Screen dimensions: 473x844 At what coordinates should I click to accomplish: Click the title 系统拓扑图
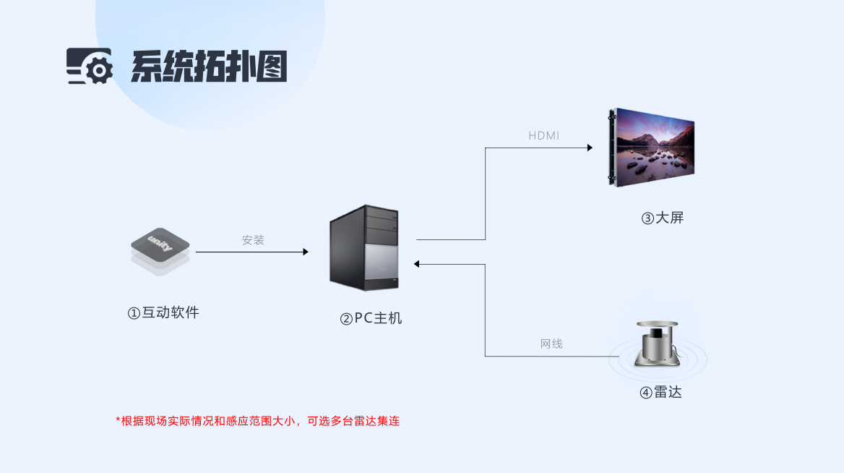(x=208, y=67)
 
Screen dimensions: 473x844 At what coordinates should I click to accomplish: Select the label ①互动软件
(x=163, y=313)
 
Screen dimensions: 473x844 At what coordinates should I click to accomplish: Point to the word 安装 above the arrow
(x=253, y=240)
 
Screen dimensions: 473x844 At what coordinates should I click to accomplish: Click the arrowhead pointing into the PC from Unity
(x=306, y=252)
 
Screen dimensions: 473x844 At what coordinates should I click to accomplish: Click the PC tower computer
(x=364, y=247)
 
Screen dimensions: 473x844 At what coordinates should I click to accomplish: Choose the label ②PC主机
(x=371, y=318)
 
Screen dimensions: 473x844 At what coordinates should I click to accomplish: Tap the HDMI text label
(x=543, y=136)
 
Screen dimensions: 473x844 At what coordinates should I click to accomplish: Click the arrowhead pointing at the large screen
(x=590, y=148)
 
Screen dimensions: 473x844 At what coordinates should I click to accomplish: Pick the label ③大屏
(x=662, y=218)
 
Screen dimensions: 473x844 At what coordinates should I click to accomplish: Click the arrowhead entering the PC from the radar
(x=418, y=264)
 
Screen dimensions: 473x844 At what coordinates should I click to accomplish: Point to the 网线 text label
(x=551, y=344)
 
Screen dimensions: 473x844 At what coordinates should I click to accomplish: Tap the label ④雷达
(x=660, y=393)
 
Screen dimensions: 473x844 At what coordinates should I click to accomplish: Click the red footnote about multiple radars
(x=258, y=421)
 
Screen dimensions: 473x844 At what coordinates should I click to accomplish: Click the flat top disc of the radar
(x=657, y=325)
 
